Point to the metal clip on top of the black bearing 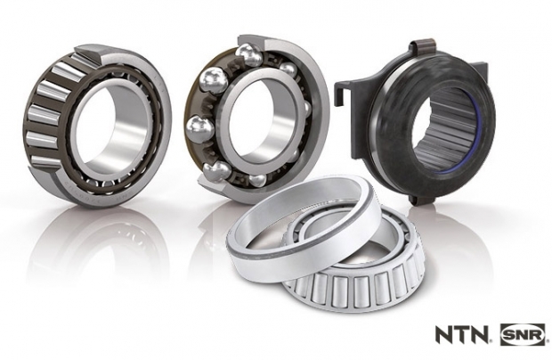(423, 53)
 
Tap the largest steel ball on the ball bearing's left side (212, 78)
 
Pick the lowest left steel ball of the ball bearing (215, 172)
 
